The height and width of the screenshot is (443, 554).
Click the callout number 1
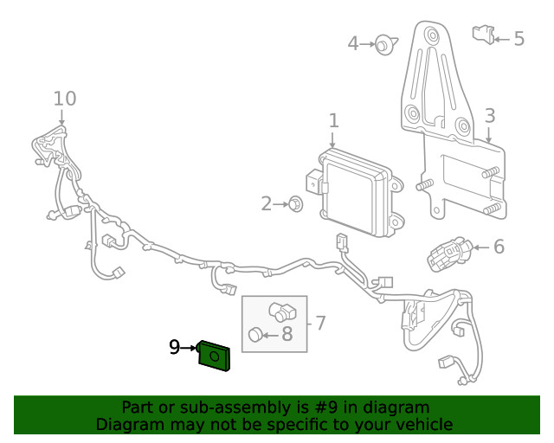click(x=333, y=121)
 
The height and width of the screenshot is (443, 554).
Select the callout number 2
click(x=267, y=204)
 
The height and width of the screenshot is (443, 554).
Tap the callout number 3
click(x=489, y=116)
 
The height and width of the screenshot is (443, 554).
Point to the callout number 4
click(x=353, y=43)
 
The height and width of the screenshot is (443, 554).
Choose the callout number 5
click(x=519, y=38)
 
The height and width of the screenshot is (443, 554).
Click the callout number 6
click(x=498, y=247)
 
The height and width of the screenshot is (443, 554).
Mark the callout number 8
click(x=287, y=334)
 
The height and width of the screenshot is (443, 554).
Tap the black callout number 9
click(x=174, y=347)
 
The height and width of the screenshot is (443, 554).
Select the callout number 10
click(x=65, y=98)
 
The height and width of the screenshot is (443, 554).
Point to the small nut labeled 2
click(x=295, y=205)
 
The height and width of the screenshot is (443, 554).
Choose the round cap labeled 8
click(x=255, y=335)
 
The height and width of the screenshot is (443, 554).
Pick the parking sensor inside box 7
click(x=282, y=311)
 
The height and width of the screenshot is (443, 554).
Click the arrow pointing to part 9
click(x=190, y=348)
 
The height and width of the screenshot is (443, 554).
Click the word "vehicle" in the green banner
click(x=420, y=424)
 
